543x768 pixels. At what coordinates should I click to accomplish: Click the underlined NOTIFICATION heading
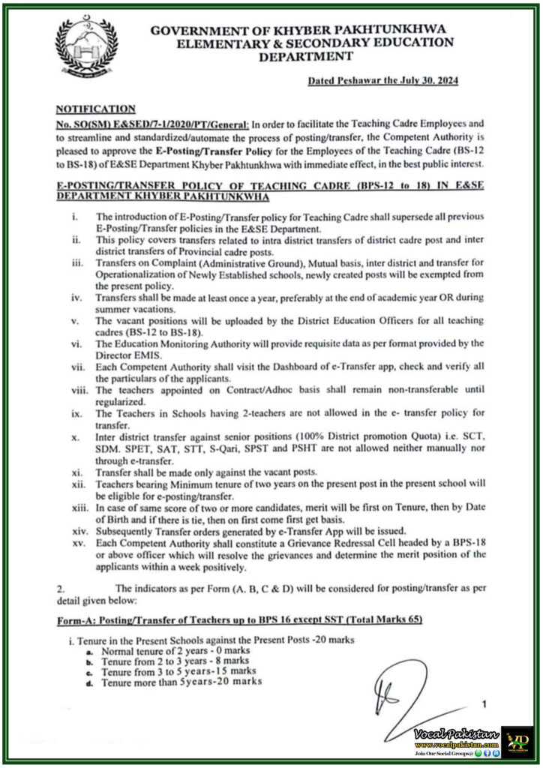tap(95, 109)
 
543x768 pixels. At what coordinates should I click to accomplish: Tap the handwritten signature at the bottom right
tap(405, 694)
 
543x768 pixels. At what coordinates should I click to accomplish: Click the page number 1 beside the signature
tap(484, 704)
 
